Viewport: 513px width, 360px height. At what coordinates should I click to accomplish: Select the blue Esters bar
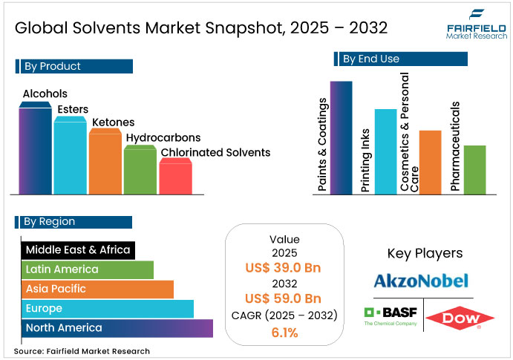pyautogui.click(x=71, y=157)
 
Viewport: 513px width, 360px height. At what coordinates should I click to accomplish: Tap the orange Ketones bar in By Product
pyautogui.click(x=105, y=163)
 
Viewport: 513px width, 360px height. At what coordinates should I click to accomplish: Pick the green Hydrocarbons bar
pyautogui.click(x=140, y=171)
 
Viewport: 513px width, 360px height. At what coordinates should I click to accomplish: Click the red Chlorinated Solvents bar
pyautogui.click(x=175, y=178)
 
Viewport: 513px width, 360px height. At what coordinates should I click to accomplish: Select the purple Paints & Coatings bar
pyautogui.click(x=341, y=138)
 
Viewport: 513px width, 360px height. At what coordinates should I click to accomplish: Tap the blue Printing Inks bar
pyautogui.click(x=385, y=152)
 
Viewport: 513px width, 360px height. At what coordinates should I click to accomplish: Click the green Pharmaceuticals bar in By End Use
pyautogui.click(x=474, y=170)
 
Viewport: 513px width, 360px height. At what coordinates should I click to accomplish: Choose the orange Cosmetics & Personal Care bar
pyautogui.click(x=430, y=163)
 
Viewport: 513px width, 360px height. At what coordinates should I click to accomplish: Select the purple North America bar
pyautogui.click(x=117, y=328)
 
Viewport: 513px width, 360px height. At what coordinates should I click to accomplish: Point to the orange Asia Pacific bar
pyautogui.click(x=97, y=289)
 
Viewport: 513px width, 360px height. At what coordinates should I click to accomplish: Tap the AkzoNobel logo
pyautogui.click(x=420, y=281)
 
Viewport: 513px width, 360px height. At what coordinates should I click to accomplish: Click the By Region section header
pyautogui.click(x=73, y=222)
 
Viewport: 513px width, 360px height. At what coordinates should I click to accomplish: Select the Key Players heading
pyautogui.click(x=425, y=253)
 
